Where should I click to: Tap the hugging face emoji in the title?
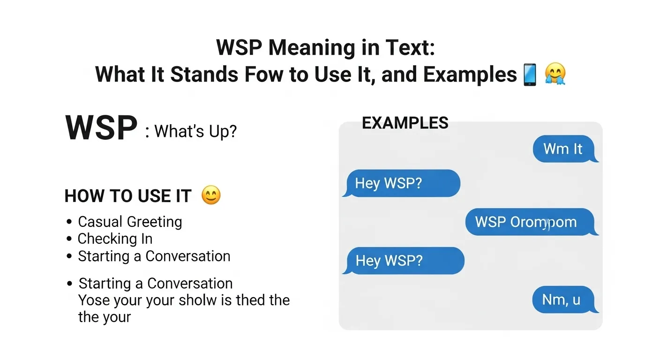coord(555,75)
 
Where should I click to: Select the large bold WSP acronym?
coord(101,127)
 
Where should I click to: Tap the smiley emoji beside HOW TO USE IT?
coord(211,195)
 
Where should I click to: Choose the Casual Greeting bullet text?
coord(130,221)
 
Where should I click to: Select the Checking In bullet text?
coord(115,239)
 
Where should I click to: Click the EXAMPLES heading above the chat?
coord(405,123)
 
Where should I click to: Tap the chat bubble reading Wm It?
coord(563,149)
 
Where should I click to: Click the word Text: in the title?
coord(414,48)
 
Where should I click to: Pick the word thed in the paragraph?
coord(251,300)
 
